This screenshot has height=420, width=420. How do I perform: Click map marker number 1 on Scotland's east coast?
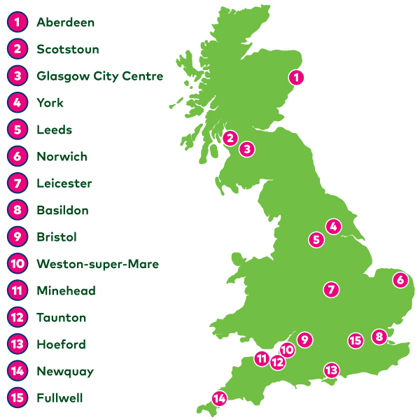click(x=297, y=78)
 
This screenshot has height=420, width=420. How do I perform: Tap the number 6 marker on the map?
click(x=400, y=280)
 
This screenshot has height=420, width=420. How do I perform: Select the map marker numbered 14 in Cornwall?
click(x=220, y=399)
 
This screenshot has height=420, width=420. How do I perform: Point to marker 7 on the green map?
click(x=331, y=289)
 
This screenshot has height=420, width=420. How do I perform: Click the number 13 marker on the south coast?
click(x=331, y=370)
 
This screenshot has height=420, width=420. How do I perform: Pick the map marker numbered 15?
click(x=355, y=340)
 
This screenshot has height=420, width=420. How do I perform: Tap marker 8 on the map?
click(x=379, y=337)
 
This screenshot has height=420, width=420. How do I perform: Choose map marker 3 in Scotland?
click(x=246, y=149)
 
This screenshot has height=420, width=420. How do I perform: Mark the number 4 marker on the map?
click(x=333, y=226)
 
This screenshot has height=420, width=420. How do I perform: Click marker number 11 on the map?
click(x=262, y=359)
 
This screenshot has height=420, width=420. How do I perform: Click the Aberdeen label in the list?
click(x=65, y=22)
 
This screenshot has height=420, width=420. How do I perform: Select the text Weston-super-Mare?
click(x=97, y=264)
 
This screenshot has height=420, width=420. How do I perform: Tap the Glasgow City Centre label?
click(x=99, y=76)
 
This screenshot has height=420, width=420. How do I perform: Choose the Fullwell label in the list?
click(x=59, y=398)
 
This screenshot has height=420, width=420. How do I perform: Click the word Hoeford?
click(x=61, y=344)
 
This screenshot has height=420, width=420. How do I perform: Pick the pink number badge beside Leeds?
click(x=17, y=129)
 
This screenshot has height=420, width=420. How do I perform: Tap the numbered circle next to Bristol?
click(x=17, y=237)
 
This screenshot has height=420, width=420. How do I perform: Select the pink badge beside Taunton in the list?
click(x=17, y=318)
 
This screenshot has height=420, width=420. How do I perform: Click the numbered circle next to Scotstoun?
click(x=17, y=49)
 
